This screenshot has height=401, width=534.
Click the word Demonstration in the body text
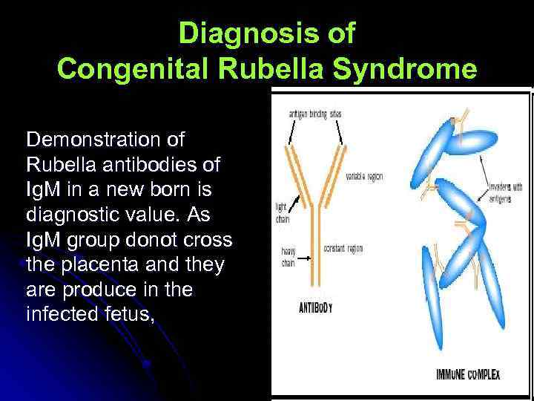click(105, 140)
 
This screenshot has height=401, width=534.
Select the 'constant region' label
click(345, 247)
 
